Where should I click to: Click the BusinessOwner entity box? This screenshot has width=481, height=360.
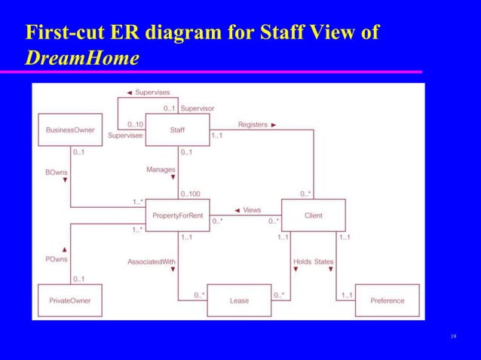[x=69, y=130]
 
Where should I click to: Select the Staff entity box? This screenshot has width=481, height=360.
[x=176, y=130]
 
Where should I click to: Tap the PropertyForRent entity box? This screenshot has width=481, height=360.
[x=176, y=215]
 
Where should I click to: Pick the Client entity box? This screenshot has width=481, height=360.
[x=313, y=215]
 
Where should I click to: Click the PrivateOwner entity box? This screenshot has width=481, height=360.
[x=69, y=301]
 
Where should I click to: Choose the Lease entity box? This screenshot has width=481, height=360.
[x=238, y=301]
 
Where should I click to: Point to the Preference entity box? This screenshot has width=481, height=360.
[x=387, y=301]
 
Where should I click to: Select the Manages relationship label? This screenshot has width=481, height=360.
[x=161, y=170]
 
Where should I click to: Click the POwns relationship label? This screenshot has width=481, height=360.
[x=56, y=258]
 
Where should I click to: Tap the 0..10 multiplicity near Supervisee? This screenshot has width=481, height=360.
[x=136, y=124]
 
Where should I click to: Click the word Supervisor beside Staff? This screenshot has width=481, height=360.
[x=197, y=108]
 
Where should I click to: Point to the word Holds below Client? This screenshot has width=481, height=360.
[x=302, y=261]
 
